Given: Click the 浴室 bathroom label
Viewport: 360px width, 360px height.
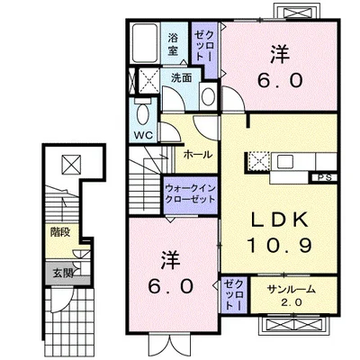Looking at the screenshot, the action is [x=173, y=44].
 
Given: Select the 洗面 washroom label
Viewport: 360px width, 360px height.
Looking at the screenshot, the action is [x=181, y=78].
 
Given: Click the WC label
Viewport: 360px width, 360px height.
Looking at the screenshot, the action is [x=143, y=135].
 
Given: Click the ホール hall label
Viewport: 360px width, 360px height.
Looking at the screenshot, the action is [x=198, y=155].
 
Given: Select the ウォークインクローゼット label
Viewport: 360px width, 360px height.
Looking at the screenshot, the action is [x=191, y=193].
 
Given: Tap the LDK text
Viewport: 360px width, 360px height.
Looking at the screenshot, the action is [x=279, y=220].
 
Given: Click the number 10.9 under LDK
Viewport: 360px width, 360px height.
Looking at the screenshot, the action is [x=279, y=246].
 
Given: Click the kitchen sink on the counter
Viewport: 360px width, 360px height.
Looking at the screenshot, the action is [x=285, y=162].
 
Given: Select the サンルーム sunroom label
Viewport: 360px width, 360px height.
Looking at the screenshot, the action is [x=292, y=289].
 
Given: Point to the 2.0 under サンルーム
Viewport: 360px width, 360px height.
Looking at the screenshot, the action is [x=291, y=302].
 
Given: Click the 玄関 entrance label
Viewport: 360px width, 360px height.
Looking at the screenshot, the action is [x=63, y=274].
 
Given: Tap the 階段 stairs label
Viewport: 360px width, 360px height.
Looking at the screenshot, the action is [x=60, y=232].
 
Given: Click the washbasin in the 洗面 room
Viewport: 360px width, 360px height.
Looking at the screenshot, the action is [x=208, y=96].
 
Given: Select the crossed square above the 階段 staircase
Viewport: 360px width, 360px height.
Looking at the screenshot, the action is [x=71, y=164].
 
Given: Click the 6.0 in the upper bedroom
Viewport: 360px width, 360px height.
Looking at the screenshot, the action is [x=280, y=80].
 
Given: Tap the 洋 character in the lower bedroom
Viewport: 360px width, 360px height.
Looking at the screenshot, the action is [x=171, y=260].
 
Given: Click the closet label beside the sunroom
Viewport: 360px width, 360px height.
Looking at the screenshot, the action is [x=234, y=295].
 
